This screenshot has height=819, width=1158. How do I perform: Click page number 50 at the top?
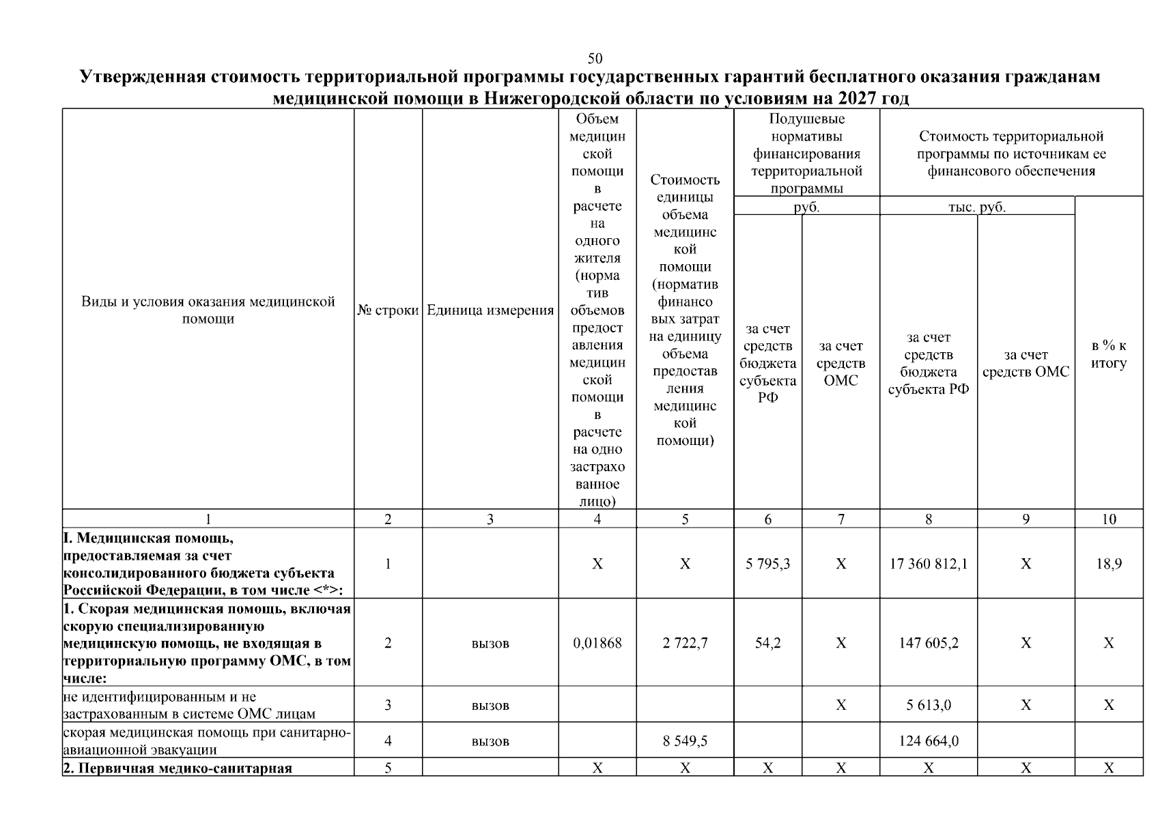click(x=595, y=59)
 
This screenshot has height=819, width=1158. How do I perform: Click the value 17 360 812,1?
click(x=929, y=564)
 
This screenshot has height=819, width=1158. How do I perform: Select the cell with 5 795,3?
click(x=767, y=564)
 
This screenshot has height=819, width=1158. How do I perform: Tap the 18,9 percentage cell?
click(x=1108, y=564)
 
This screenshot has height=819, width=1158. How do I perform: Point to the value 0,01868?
click(x=597, y=643)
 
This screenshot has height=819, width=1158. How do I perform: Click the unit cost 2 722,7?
click(x=685, y=643)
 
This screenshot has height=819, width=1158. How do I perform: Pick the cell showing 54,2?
click(x=767, y=643)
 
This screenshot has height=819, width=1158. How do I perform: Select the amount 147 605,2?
click(x=929, y=643)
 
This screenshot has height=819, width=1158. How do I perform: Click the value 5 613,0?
click(x=929, y=705)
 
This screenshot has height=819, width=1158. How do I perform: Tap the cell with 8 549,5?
click(x=685, y=741)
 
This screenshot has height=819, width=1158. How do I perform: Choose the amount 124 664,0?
click(x=929, y=741)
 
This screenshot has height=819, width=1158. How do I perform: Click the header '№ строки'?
click(x=388, y=311)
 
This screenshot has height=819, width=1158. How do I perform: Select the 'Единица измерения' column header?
click(x=490, y=311)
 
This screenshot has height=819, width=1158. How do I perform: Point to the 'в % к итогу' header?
click(x=1108, y=354)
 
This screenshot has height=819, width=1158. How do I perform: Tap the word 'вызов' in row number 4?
click(x=490, y=741)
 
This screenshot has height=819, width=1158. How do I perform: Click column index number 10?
click(x=1108, y=519)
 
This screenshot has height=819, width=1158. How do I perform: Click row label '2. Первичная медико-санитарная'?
click(x=178, y=768)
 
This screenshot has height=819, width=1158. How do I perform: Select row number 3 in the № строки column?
click(x=388, y=705)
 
